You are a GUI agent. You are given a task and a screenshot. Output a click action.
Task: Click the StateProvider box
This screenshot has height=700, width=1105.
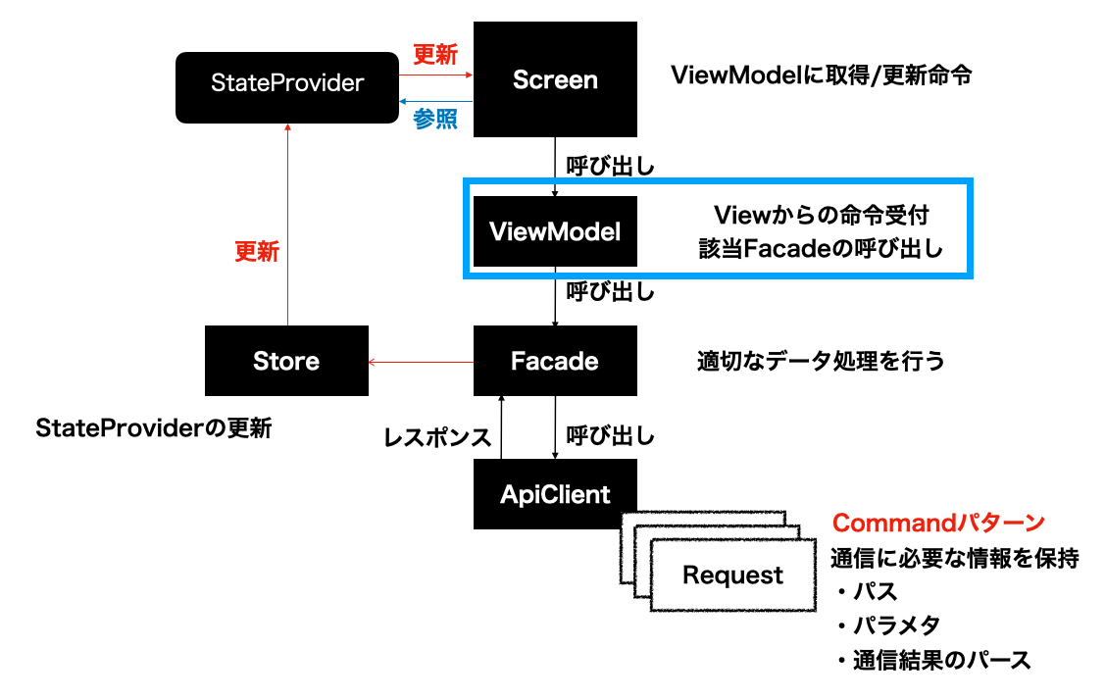(287, 82)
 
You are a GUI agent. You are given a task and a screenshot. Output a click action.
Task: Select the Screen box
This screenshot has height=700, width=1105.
(555, 79)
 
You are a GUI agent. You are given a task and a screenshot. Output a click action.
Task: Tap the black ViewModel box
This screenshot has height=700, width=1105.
(555, 231)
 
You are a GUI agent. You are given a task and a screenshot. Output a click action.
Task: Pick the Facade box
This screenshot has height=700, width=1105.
(555, 361)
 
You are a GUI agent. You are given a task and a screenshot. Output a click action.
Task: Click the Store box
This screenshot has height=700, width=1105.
(286, 361)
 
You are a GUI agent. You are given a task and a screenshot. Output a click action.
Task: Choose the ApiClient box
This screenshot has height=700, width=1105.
(555, 494)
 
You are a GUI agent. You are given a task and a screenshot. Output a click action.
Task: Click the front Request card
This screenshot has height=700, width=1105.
(732, 575)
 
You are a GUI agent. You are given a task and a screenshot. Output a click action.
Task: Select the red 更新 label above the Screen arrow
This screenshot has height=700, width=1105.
(435, 55)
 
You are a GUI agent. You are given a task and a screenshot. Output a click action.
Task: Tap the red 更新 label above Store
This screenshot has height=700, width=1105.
(257, 252)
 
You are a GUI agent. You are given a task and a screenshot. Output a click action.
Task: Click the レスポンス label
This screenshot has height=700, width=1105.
(437, 437)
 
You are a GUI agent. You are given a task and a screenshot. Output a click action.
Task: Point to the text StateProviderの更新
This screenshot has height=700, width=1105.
(154, 428)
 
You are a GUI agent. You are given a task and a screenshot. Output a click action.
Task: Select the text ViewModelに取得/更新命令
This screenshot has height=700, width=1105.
(821, 75)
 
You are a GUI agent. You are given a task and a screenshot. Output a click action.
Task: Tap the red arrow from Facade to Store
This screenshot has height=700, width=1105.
(422, 363)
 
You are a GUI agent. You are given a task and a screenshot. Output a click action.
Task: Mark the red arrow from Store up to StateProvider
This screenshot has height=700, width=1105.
(287, 225)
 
